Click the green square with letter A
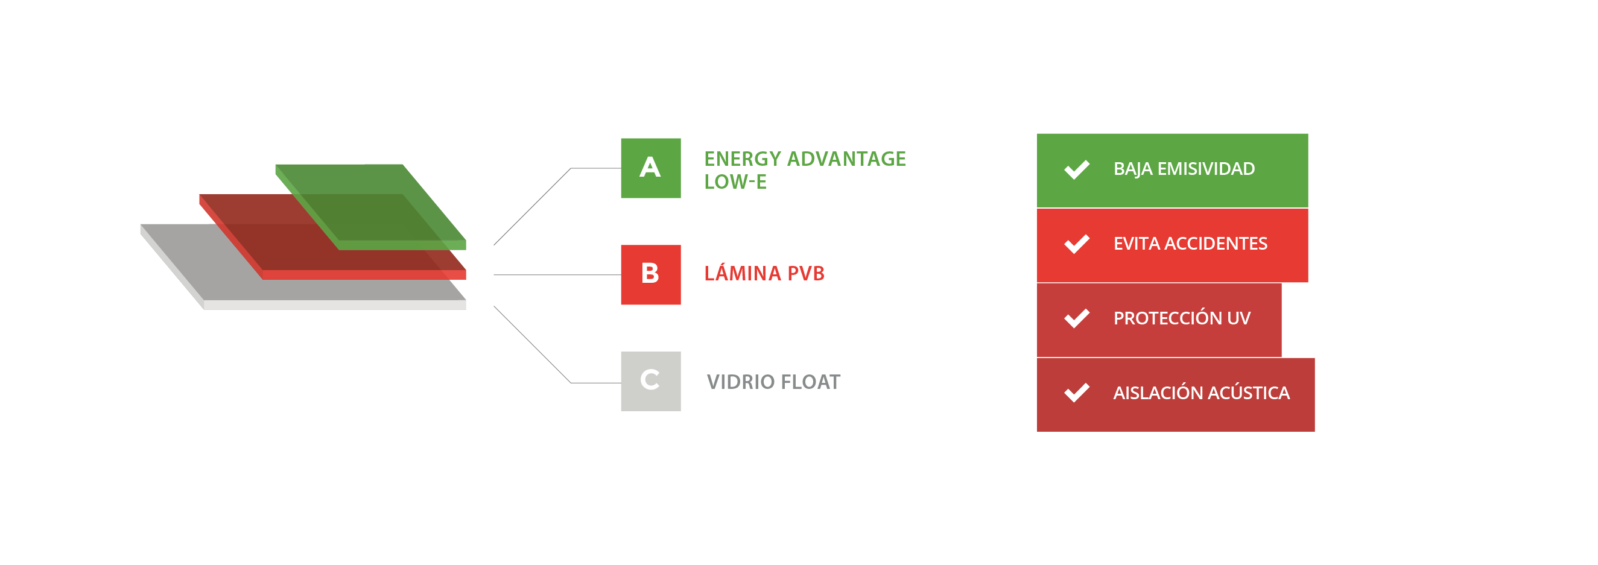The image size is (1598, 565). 650,168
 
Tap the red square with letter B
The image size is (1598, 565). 650,275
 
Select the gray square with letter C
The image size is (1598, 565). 650,381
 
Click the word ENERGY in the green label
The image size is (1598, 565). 741,159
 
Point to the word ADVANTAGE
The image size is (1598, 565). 846,159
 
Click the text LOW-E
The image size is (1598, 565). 735,182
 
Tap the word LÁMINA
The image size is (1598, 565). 742,274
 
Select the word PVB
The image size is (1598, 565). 806,274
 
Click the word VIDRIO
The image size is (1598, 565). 740,382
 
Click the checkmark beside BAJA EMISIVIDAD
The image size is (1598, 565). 1076,169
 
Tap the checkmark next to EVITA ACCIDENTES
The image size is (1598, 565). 1076,244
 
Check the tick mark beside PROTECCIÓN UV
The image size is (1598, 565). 1076,318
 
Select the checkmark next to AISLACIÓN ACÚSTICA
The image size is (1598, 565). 1076,393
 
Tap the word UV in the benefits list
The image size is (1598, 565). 1238,318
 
